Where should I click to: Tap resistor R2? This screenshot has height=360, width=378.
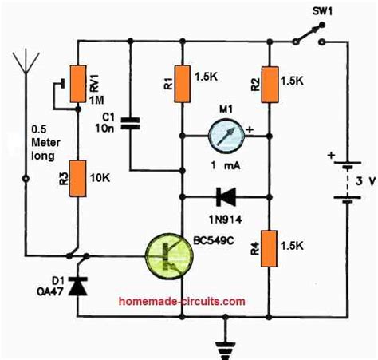270,81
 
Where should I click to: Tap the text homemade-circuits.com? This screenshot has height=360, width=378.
170,302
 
